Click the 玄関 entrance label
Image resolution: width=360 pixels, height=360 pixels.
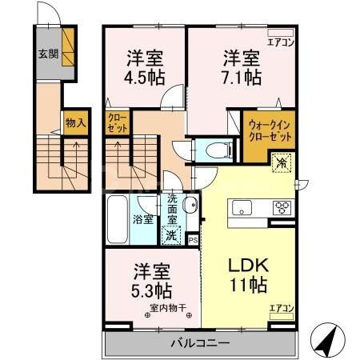[47, 54]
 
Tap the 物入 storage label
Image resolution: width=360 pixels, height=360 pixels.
[74, 125]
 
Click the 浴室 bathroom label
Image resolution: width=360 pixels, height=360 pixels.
[143, 218]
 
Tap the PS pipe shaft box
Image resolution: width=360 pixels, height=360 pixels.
[194, 238]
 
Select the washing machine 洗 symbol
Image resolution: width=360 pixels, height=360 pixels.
[171, 236]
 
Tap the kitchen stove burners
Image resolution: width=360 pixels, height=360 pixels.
[282, 208]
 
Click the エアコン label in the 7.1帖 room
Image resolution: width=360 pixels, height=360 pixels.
[282, 42]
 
